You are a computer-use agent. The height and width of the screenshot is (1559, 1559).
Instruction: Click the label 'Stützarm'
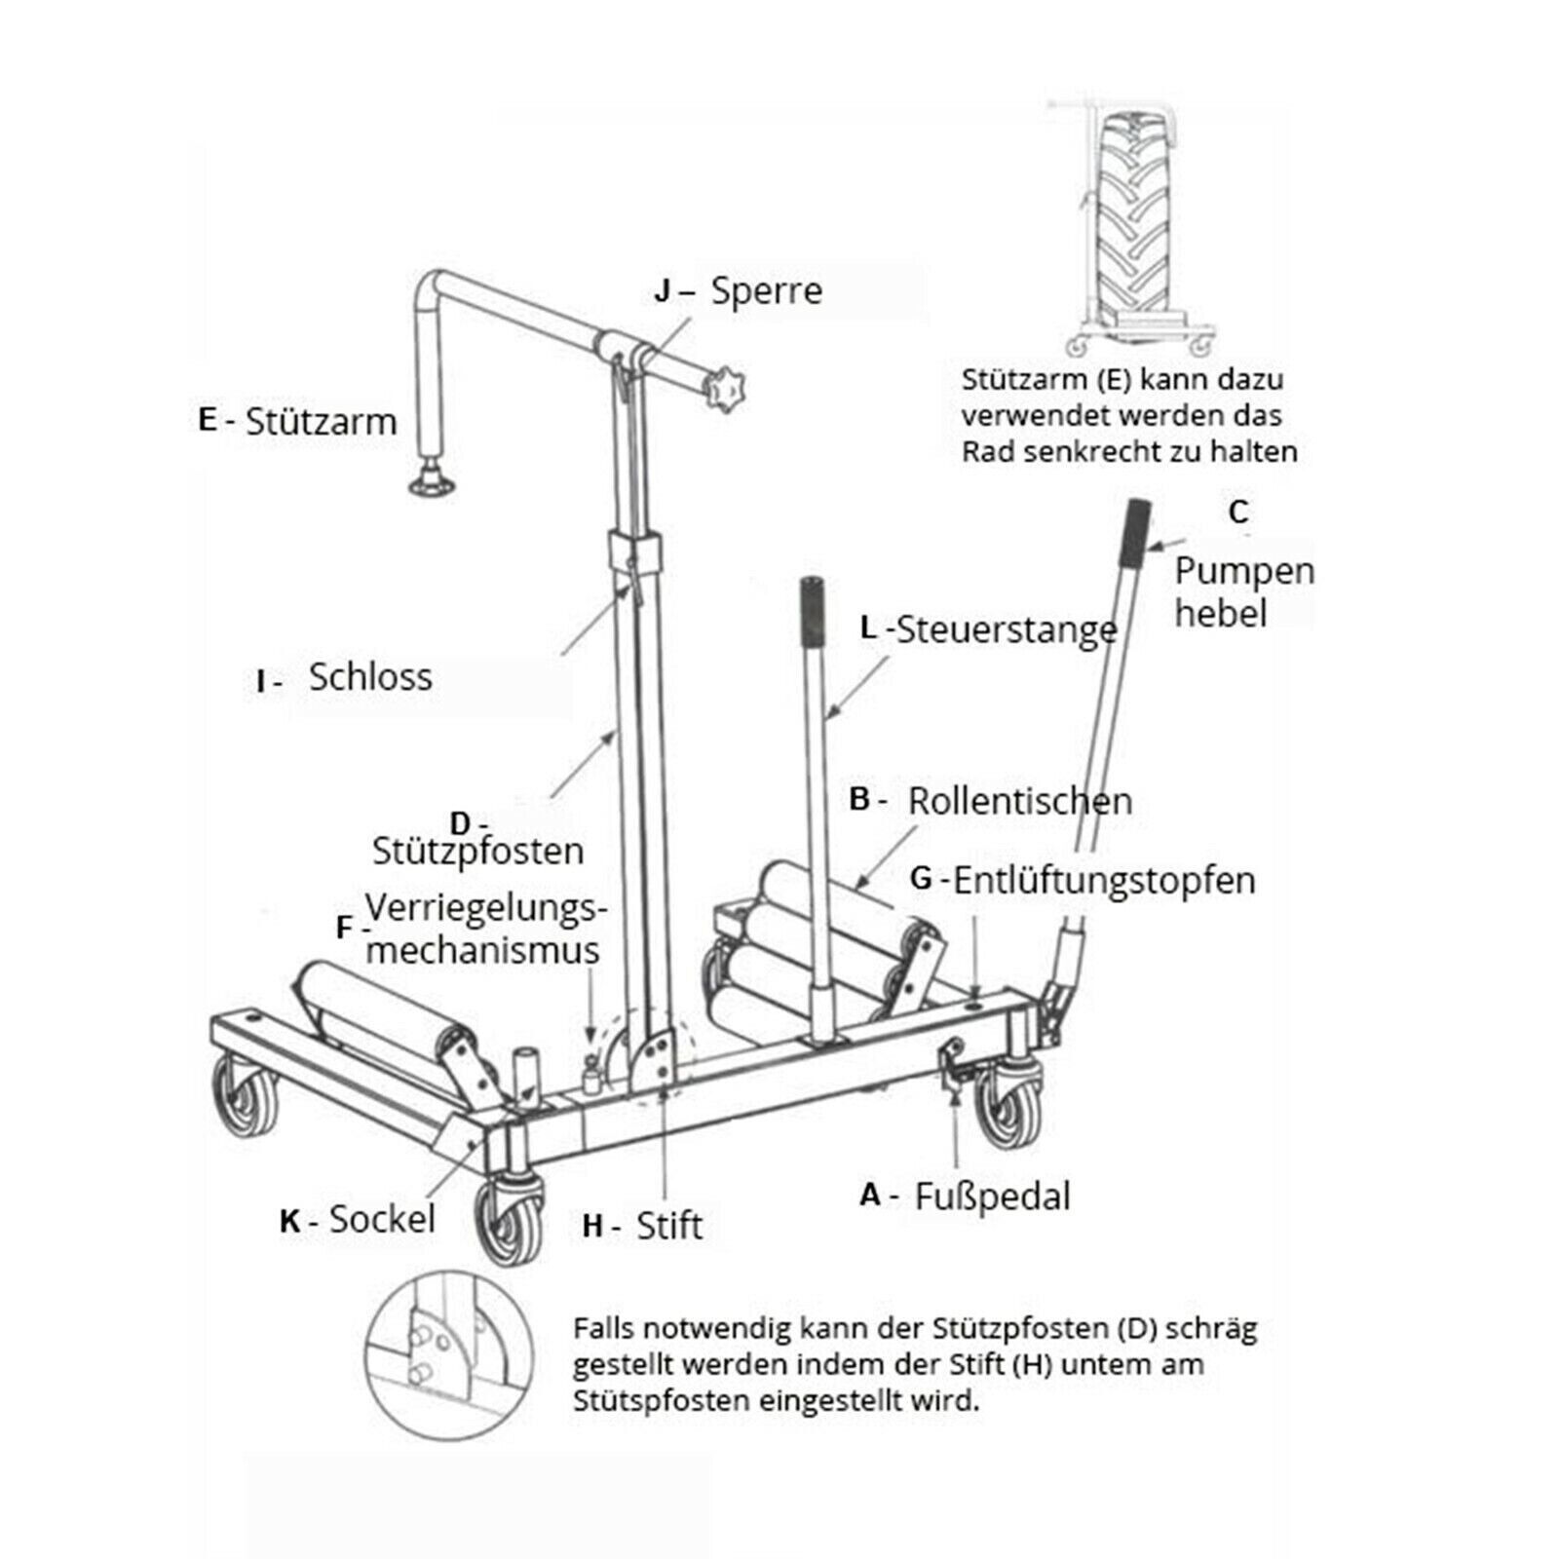(321, 422)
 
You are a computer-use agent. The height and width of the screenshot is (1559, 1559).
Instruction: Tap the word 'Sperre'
(766, 290)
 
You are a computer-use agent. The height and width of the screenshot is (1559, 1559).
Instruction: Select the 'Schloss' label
(370, 677)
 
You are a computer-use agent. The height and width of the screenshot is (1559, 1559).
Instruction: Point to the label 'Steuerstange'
(1006, 629)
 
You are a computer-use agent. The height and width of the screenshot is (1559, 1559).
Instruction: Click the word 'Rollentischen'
(1019, 801)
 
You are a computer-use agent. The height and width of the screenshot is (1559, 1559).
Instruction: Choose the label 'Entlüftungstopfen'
(1103, 881)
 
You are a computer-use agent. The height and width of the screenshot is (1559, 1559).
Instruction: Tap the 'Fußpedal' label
(992, 1196)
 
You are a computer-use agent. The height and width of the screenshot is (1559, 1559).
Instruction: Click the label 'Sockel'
(382, 1219)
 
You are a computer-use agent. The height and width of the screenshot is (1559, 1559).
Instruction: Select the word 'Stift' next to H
(668, 1226)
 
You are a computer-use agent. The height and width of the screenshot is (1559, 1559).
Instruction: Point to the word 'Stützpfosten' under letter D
(477, 852)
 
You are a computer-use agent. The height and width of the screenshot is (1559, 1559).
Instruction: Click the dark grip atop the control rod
(812, 610)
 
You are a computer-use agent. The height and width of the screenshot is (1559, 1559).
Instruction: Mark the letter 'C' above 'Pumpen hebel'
(1238, 512)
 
